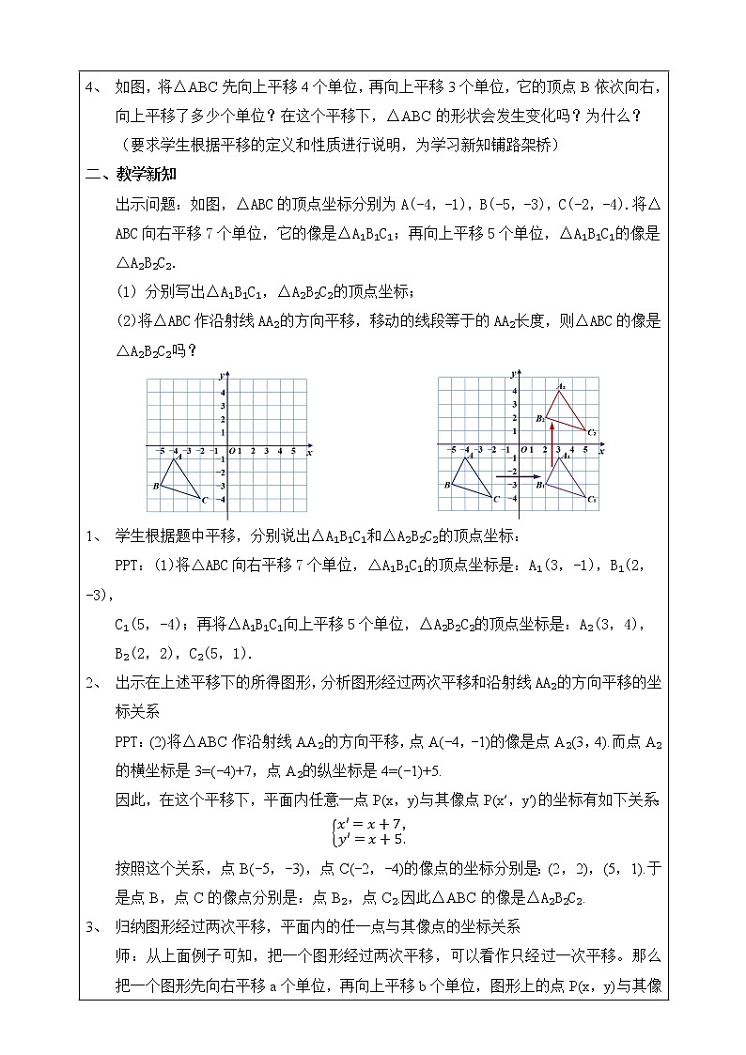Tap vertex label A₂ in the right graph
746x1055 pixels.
point(561,386)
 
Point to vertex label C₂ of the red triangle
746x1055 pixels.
point(593,432)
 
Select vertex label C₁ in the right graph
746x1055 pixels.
point(593,500)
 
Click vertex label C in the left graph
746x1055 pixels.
point(204,499)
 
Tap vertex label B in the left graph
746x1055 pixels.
point(154,486)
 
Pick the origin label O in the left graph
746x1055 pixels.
point(231,452)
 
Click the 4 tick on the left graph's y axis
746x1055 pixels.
point(222,391)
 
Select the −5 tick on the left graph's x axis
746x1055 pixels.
point(161,452)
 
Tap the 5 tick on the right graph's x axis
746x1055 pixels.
point(585,452)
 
